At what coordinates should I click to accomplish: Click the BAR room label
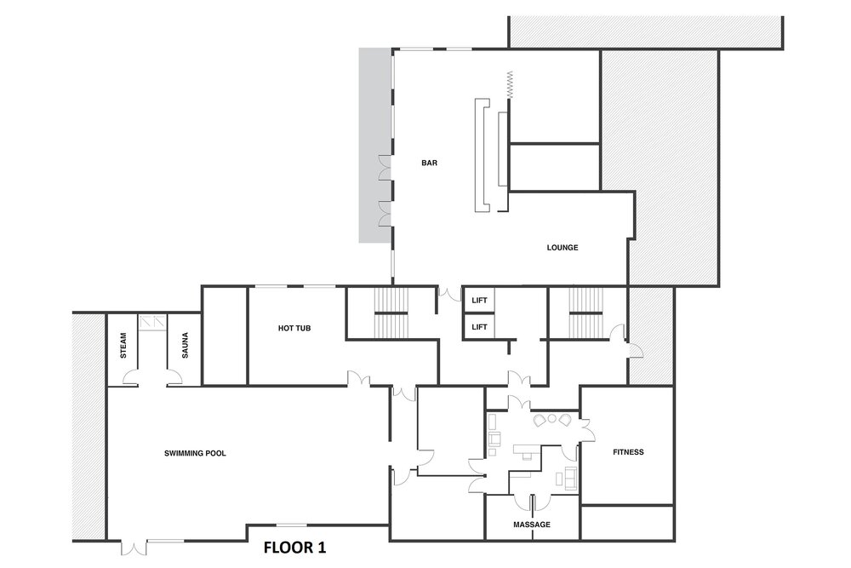(429, 163)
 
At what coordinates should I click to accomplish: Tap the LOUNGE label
(563, 248)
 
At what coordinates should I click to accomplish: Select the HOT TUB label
(294, 328)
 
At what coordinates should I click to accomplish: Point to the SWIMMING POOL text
(195, 453)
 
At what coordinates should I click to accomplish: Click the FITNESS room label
(628, 452)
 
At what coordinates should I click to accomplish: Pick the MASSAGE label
(532, 525)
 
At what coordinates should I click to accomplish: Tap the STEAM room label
(123, 346)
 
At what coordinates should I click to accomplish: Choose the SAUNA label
(185, 346)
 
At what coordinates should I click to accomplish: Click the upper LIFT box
(478, 301)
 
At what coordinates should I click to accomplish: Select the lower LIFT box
(478, 327)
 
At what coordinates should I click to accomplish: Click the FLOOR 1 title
(294, 548)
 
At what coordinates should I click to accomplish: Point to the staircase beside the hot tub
(391, 313)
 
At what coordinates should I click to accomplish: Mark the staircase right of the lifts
(585, 313)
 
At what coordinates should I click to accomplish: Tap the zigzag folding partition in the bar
(510, 84)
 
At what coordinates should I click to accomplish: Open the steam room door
(130, 377)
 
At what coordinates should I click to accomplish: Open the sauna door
(174, 377)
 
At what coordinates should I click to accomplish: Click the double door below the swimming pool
(134, 548)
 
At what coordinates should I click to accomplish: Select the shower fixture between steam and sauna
(152, 323)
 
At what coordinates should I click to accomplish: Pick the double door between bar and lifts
(450, 294)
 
